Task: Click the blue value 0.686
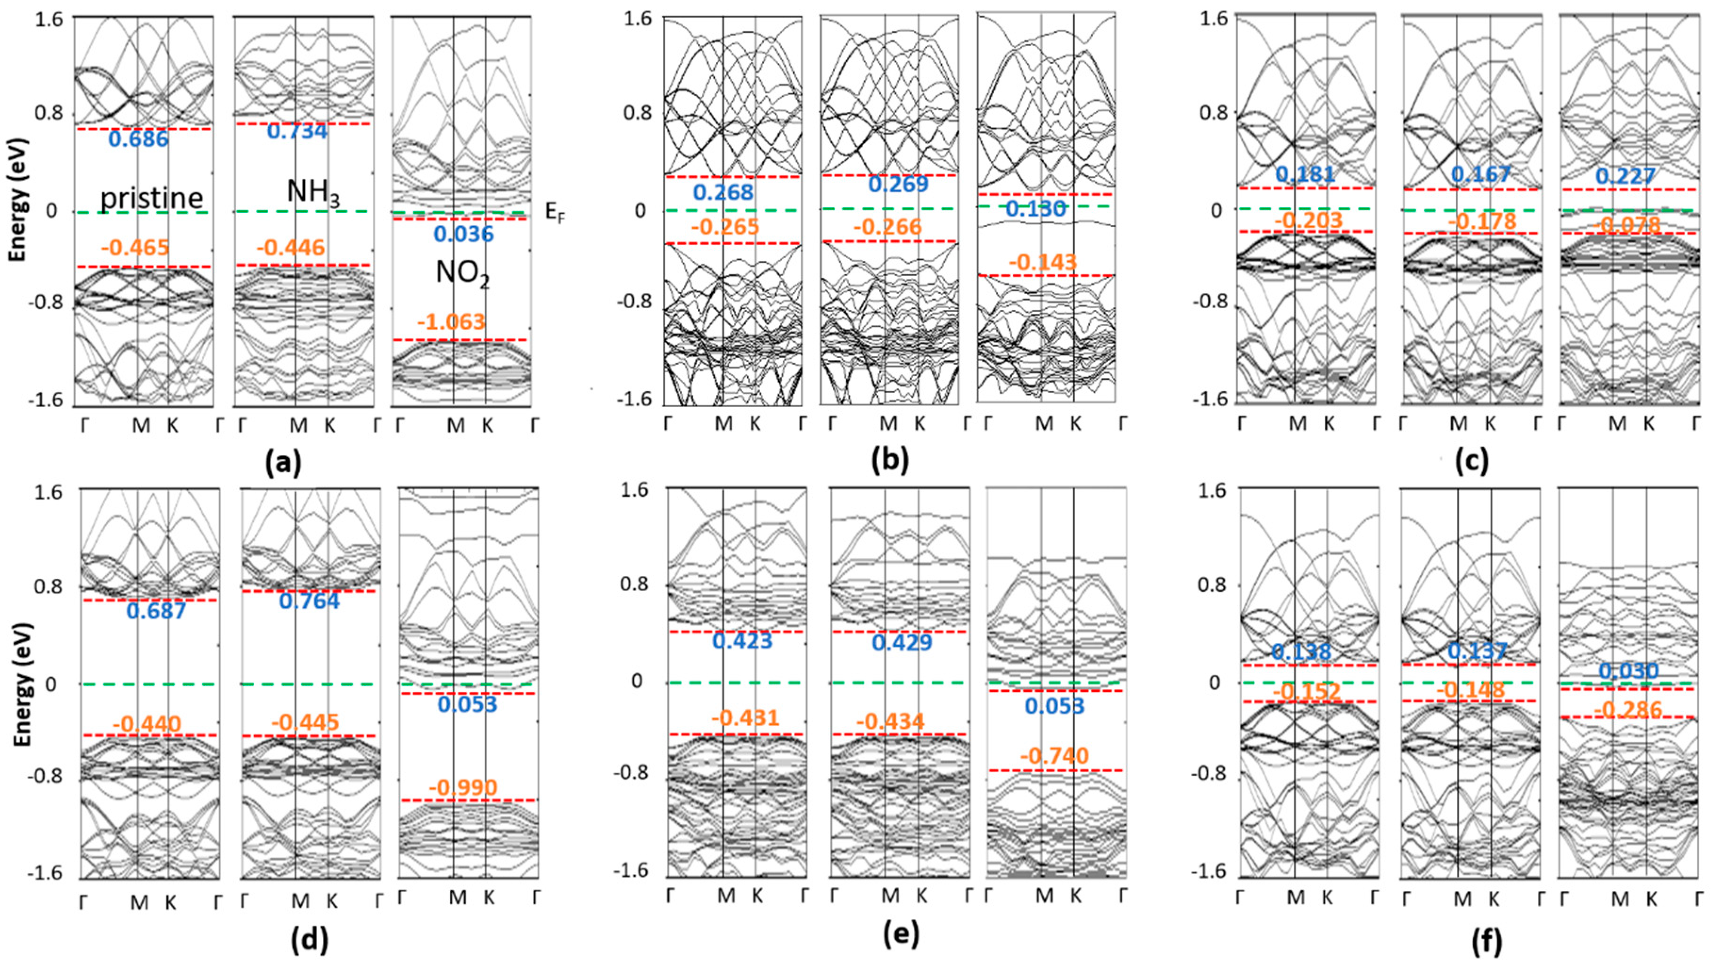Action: pos(139,140)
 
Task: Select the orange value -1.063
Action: pos(451,322)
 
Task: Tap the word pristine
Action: pos(152,198)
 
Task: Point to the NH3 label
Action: pos(312,192)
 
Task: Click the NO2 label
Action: pos(463,273)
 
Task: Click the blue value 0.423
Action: pos(742,641)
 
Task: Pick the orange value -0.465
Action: pos(135,248)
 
